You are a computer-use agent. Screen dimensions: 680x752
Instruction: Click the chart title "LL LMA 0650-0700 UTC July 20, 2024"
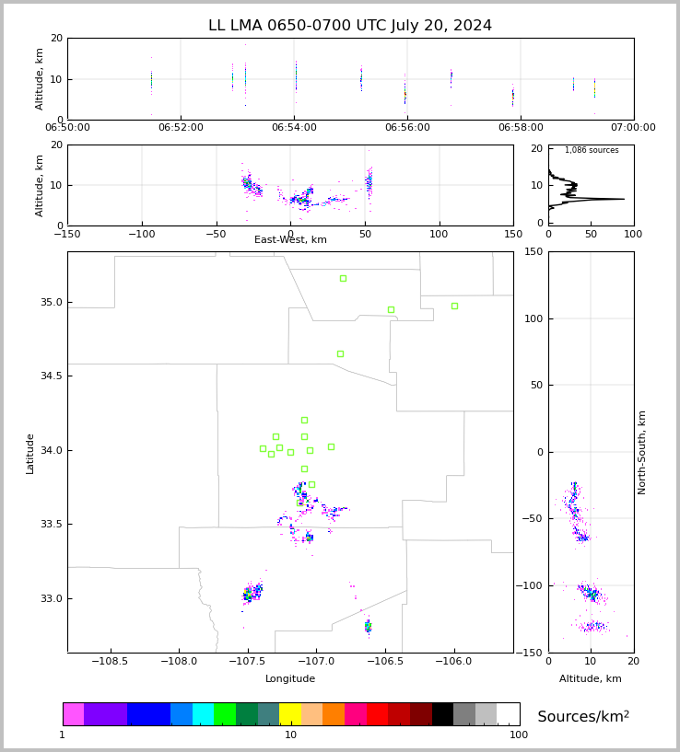click(x=350, y=26)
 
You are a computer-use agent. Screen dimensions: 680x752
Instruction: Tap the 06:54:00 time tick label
click(x=294, y=128)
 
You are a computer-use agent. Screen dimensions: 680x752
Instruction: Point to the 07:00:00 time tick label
click(x=633, y=128)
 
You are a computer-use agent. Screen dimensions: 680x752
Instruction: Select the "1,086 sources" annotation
click(x=592, y=150)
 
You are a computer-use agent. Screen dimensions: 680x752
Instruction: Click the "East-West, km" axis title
click(x=290, y=239)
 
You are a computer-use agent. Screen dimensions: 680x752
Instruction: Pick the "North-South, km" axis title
click(x=641, y=453)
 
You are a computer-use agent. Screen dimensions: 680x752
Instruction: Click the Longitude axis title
click(x=290, y=678)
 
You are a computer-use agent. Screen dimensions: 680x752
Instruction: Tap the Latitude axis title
click(x=29, y=454)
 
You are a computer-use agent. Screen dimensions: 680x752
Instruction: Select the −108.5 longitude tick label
click(x=111, y=662)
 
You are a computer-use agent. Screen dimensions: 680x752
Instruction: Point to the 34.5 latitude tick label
click(x=52, y=376)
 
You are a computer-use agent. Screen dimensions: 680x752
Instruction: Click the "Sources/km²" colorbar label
click(x=583, y=716)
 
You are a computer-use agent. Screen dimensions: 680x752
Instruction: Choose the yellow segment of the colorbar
click(x=290, y=714)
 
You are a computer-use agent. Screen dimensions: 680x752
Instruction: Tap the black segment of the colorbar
click(x=442, y=714)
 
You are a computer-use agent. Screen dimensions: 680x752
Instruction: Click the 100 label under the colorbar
click(x=518, y=735)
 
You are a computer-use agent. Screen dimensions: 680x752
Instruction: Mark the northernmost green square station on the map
click(x=343, y=279)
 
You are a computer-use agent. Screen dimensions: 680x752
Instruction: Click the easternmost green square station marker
click(x=454, y=306)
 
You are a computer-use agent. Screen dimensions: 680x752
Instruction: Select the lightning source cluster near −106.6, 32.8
click(x=368, y=626)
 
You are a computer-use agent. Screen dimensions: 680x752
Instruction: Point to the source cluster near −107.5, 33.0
click(x=252, y=593)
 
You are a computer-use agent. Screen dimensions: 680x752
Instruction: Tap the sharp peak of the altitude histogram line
click(x=624, y=199)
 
